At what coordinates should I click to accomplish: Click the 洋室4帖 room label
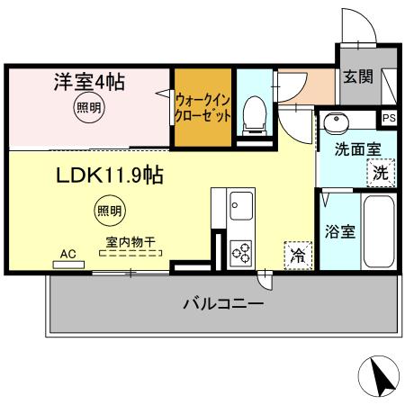(86, 83)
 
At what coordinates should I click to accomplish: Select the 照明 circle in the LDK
(107, 212)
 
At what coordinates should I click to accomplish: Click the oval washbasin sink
(337, 121)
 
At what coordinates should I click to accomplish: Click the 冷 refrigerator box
(296, 255)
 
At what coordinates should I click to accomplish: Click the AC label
(67, 255)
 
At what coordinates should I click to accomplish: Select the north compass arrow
(381, 376)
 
